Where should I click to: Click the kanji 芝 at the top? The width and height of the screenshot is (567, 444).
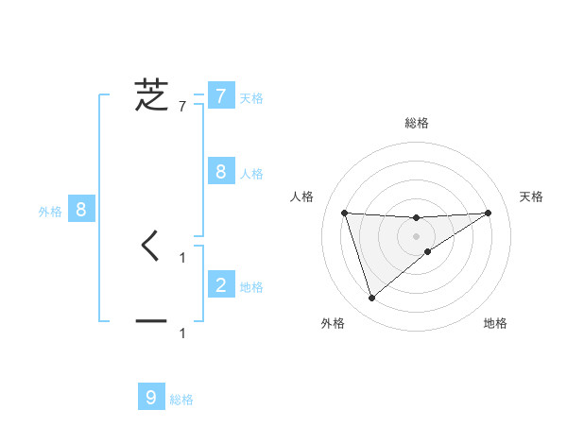pyautogui.click(x=151, y=95)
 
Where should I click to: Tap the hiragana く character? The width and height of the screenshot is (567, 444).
pyautogui.click(x=151, y=247)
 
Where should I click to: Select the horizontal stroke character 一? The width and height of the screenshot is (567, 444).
pyautogui.click(x=151, y=322)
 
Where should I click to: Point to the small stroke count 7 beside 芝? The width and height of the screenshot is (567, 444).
pyautogui.click(x=182, y=107)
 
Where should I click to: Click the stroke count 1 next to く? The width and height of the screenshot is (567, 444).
pyautogui.click(x=182, y=257)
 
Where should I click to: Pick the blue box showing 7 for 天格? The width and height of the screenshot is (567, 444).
pyautogui.click(x=220, y=95)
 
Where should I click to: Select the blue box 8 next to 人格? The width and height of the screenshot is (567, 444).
pyautogui.click(x=220, y=171)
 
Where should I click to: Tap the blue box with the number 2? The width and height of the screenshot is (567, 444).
pyautogui.click(x=220, y=284)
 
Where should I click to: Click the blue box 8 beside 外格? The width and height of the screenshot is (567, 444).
pyautogui.click(x=81, y=210)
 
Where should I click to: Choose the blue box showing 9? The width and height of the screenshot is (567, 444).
pyautogui.click(x=151, y=398)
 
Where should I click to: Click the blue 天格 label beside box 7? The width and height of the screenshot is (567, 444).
pyautogui.click(x=251, y=97)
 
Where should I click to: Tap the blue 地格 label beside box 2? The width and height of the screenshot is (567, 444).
pyautogui.click(x=251, y=286)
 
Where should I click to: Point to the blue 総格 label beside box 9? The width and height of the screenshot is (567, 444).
pyautogui.click(x=181, y=400)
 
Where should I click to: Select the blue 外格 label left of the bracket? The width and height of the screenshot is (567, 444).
pyautogui.click(x=50, y=212)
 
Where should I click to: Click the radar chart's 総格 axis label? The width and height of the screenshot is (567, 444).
pyautogui.click(x=416, y=124)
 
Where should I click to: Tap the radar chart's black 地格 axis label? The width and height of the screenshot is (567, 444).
pyautogui.click(x=495, y=323)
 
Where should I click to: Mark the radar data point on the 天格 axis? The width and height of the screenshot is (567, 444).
pyautogui.click(x=488, y=213)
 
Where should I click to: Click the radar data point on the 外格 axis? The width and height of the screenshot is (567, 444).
pyautogui.click(x=371, y=299)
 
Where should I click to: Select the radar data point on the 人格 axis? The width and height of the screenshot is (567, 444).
pyautogui.click(x=344, y=213)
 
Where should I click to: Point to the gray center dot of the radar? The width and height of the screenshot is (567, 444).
pyautogui.click(x=416, y=236)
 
